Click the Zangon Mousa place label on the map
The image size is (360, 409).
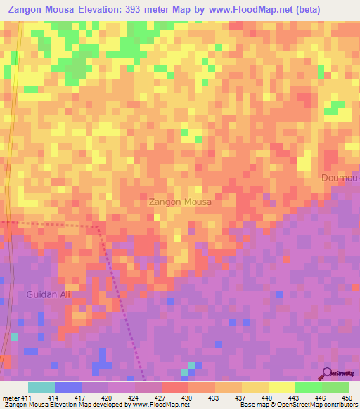point(180,202)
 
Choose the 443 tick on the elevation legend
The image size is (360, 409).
point(295,398)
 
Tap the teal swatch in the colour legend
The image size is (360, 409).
point(41,387)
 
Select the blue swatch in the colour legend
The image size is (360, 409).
point(68,387)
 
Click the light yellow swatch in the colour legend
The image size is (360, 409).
point(281,387)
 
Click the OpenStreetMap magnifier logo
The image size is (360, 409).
point(327,373)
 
